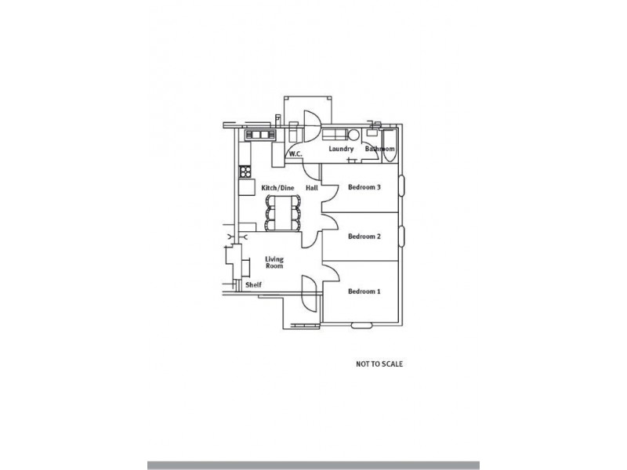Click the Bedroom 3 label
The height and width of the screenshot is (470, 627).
pos(364,187)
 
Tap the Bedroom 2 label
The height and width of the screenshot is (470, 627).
pos(364,236)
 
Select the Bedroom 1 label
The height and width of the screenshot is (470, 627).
pos(364,291)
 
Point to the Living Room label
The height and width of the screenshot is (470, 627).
pos(274,262)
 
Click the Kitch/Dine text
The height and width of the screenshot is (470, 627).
pos(277,188)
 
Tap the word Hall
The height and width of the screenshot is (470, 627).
pos(312,188)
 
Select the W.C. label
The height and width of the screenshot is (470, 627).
pos(295,154)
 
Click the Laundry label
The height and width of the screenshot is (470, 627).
pos(341,149)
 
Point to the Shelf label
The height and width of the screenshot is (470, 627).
pos(253,285)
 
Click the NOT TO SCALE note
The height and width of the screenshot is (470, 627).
pos(379,364)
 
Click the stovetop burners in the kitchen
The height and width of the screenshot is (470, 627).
pos(245,171)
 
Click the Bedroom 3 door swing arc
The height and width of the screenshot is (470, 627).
pos(328,191)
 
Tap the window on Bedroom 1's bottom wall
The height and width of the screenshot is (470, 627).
pos(361,325)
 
